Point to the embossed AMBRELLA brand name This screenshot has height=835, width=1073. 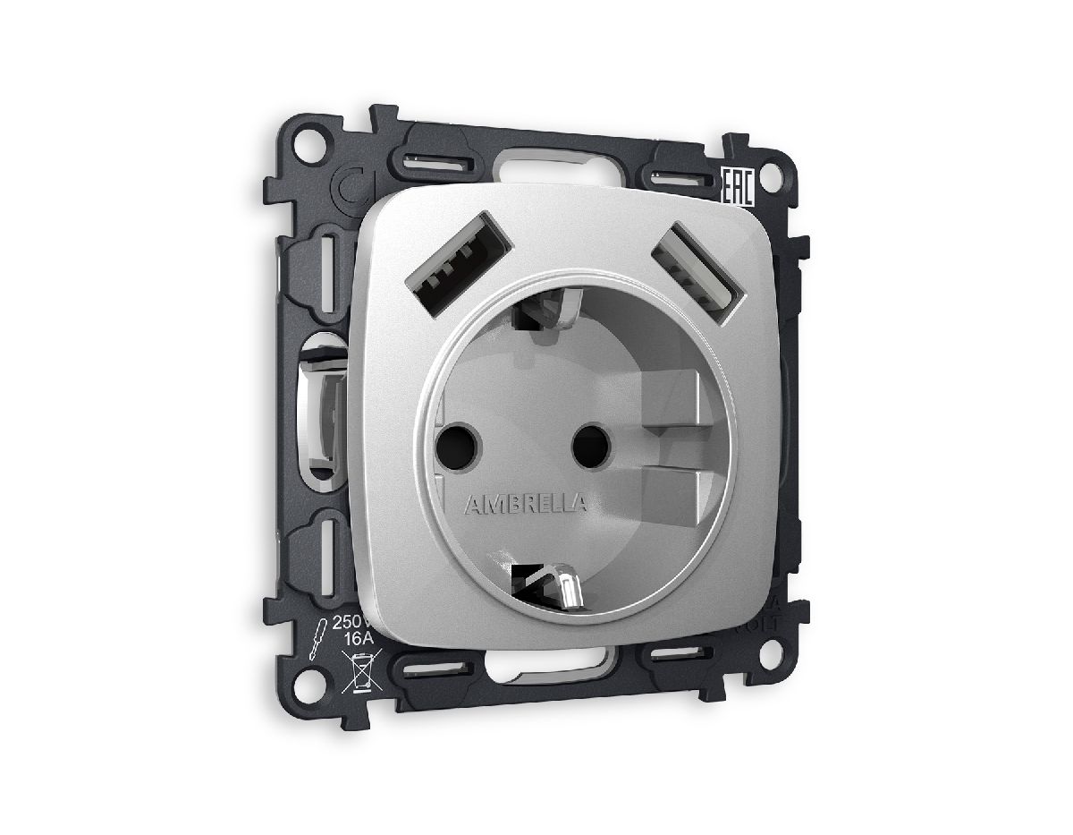pyautogui.click(x=526, y=504)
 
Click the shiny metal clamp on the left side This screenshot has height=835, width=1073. pyautogui.click(x=325, y=412)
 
